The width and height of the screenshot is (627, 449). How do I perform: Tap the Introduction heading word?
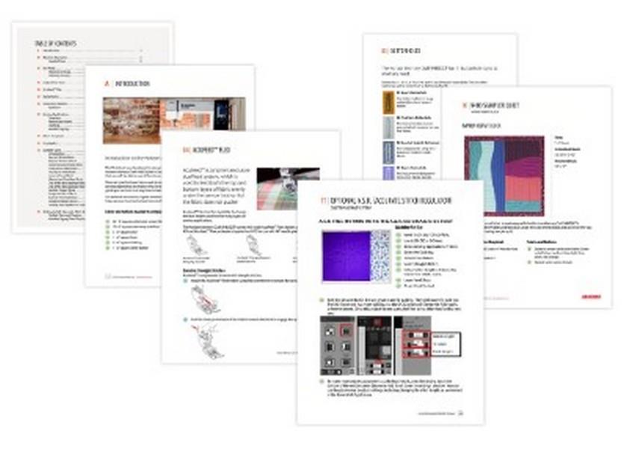pos(134,84)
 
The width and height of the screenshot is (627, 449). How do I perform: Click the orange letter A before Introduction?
pos(107,84)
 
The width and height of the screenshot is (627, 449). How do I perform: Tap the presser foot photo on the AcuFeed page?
pos(287,188)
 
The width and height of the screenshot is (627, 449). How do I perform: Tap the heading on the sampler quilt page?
pos(498,105)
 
